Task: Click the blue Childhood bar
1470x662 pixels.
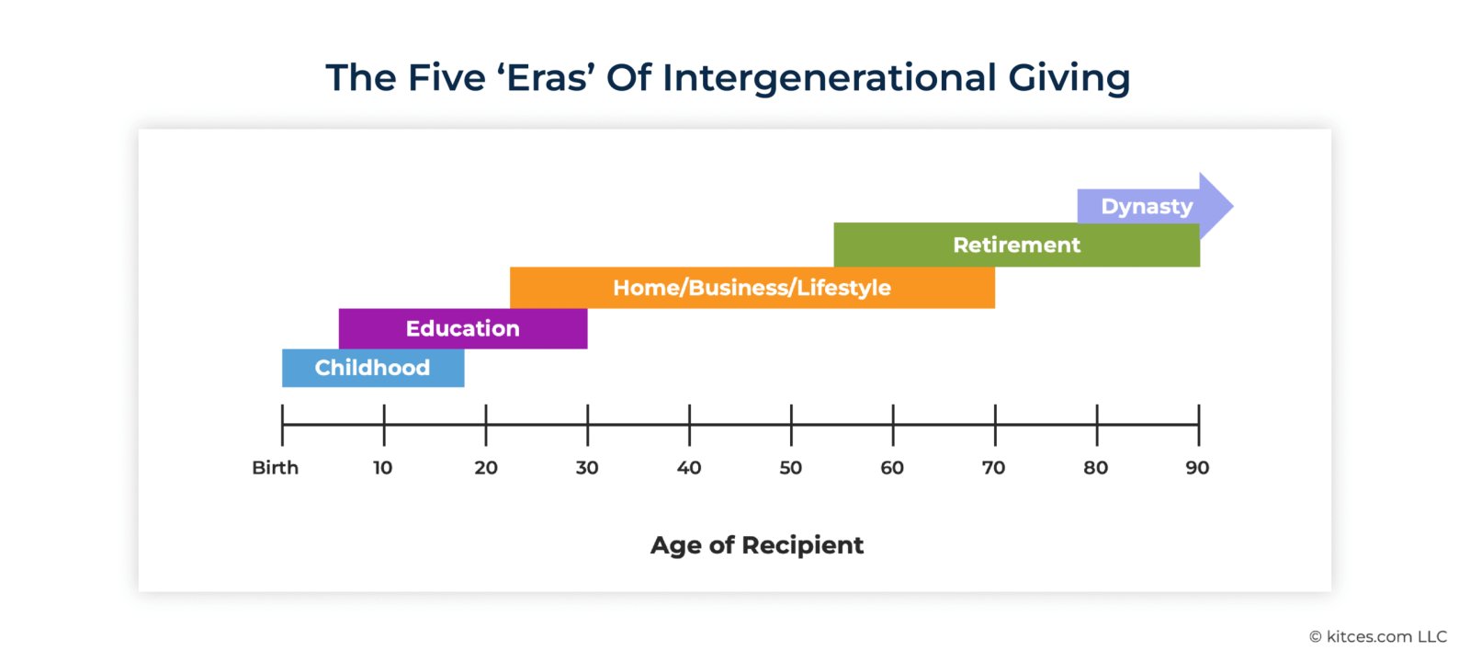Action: pyautogui.click(x=373, y=368)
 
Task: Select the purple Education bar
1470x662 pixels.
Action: pyautogui.click(x=463, y=328)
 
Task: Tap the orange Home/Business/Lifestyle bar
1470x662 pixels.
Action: pyautogui.click(x=752, y=288)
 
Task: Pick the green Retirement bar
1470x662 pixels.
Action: pyautogui.click(x=1016, y=245)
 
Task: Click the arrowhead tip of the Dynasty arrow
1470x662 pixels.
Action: pyautogui.click(x=1233, y=206)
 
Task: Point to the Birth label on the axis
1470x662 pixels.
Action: pyautogui.click(x=275, y=468)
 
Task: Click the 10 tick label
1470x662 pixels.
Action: pyautogui.click(x=382, y=468)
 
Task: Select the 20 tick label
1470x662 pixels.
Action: pyautogui.click(x=486, y=468)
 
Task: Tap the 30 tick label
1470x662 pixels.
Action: pyautogui.click(x=587, y=468)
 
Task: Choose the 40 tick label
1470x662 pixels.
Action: pyautogui.click(x=689, y=468)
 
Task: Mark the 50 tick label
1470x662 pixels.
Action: pyautogui.click(x=791, y=468)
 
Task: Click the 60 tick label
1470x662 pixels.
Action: pyautogui.click(x=892, y=468)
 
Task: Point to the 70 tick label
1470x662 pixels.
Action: pyautogui.click(x=993, y=468)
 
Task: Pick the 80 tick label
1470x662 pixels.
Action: pyautogui.click(x=1096, y=468)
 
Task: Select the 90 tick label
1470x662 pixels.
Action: pyautogui.click(x=1197, y=468)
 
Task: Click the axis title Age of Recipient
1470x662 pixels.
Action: pyautogui.click(x=757, y=545)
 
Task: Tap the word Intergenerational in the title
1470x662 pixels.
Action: pyautogui.click(x=830, y=78)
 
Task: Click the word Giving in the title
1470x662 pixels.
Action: pyautogui.click(x=1069, y=78)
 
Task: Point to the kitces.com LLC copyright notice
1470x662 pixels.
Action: pyautogui.click(x=1378, y=636)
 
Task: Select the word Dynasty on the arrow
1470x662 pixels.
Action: pyautogui.click(x=1148, y=207)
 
